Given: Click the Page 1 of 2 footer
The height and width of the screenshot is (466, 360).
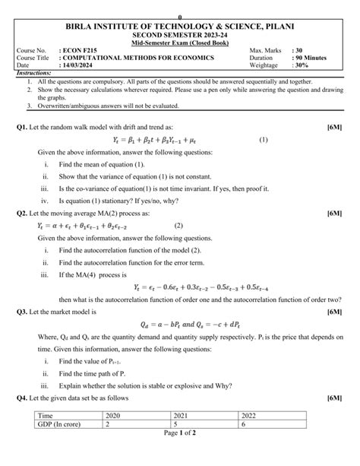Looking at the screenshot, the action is click(x=179, y=454).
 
